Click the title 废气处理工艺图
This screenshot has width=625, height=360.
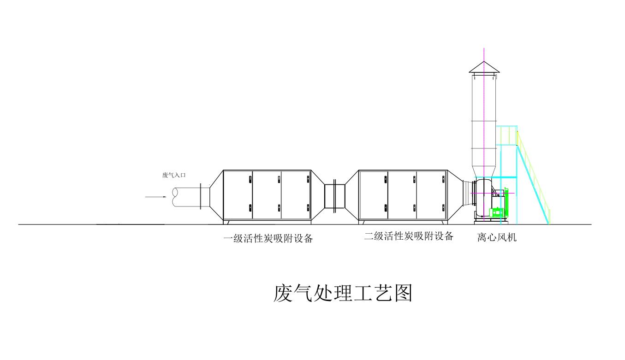(343, 293)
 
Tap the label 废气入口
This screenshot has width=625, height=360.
(174, 175)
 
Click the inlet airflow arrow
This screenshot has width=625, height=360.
(155, 197)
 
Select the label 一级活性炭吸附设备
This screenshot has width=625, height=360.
(268, 238)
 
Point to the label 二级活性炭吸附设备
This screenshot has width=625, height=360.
(409, 236)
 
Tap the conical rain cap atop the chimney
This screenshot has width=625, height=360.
(484, 67)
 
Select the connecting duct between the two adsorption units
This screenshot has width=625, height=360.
(334, 196)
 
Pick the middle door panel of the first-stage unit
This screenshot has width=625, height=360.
(267, 195)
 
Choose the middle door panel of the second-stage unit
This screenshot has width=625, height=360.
(402, 195)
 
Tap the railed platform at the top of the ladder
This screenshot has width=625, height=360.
(507, 136)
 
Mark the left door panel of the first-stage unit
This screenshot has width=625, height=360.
(238, 195)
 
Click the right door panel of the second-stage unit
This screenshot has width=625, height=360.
(431, 195)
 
